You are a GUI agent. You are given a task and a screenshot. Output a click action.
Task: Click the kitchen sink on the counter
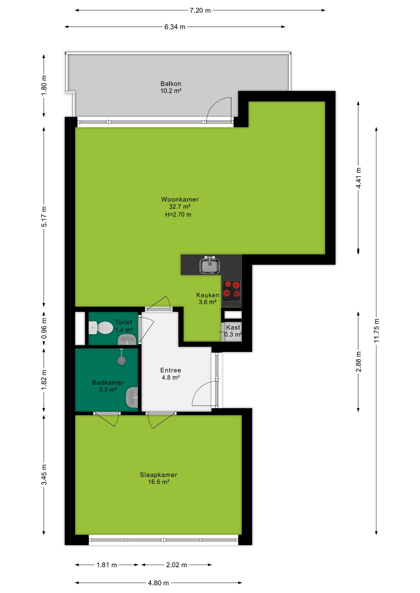(x=210, y=265)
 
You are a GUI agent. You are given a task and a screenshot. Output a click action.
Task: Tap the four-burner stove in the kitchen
(x=231, y=291)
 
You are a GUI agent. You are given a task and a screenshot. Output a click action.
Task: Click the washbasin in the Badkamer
(x=132, y=397)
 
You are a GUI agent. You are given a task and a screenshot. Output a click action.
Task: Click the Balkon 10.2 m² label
(x=171, y=87)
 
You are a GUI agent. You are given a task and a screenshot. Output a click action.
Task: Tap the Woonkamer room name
(x=180, y=200)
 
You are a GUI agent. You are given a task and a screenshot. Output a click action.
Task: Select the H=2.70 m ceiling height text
(x=178, y=214)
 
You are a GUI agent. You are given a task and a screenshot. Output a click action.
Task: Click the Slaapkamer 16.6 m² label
(x=158, y=478)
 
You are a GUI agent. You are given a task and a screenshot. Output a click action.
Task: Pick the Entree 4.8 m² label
(x=170, y=374)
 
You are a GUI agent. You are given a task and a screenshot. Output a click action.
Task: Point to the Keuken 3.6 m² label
(x=208, y=298)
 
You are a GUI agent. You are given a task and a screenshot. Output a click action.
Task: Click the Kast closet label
(x=233, y=327)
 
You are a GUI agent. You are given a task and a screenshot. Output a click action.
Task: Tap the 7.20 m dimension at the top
(x=200, y=11)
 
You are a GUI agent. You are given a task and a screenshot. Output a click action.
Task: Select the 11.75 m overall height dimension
(x=376, y=330)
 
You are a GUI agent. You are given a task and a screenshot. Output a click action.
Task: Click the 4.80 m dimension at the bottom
(x=158, y=583)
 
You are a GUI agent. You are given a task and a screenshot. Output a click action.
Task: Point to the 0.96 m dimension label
(x=44, y=328)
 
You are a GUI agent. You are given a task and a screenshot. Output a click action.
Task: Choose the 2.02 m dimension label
(x=176, y=565)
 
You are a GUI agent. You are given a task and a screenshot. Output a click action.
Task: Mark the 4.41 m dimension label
(x=358, y=178)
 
